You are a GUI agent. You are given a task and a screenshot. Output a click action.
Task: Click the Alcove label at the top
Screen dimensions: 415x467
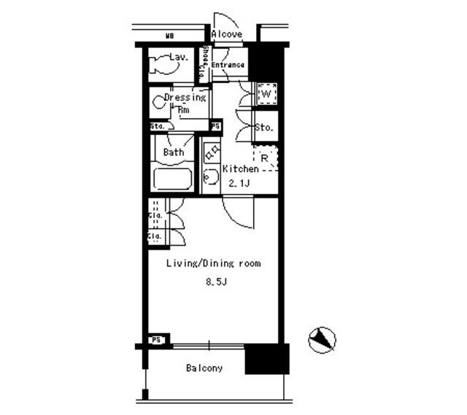point(227,34)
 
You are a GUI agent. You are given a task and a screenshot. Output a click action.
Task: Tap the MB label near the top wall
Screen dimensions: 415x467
point(169,35)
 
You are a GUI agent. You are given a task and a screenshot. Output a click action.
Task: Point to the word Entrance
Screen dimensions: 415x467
point(228,66)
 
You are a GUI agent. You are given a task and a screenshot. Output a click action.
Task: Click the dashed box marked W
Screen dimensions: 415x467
point(266,93)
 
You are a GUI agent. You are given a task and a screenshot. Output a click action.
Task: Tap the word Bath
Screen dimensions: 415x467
point(174,152)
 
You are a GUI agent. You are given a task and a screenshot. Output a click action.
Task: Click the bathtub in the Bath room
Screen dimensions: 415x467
point(172,179)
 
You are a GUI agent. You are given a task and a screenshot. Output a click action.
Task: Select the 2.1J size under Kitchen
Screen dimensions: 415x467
point(239,183)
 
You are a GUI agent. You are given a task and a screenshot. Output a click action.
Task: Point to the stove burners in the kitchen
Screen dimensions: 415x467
point(212,152)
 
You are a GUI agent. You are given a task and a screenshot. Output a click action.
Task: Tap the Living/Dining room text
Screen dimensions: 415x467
point(213,263)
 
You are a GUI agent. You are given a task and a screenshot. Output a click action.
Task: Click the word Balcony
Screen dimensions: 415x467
point(204,368)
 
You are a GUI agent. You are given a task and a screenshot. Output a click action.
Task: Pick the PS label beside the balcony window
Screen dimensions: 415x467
point(155,340)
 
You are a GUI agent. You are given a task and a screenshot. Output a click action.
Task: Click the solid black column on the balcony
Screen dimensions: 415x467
point(266,359)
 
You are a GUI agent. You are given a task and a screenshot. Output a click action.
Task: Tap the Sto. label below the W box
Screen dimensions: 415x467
point(264,128)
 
